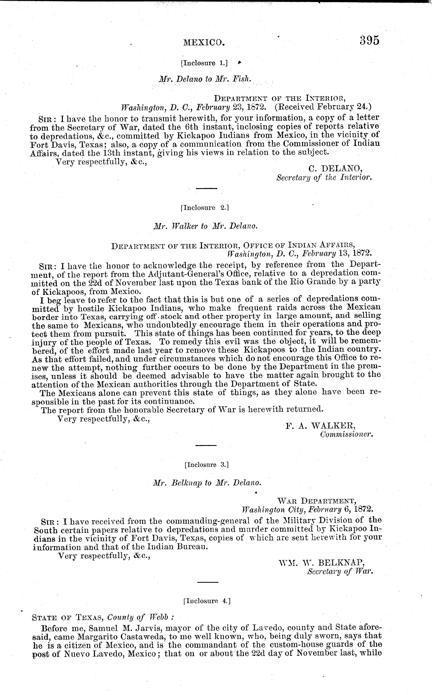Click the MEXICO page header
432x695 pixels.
tap(204, 43)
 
